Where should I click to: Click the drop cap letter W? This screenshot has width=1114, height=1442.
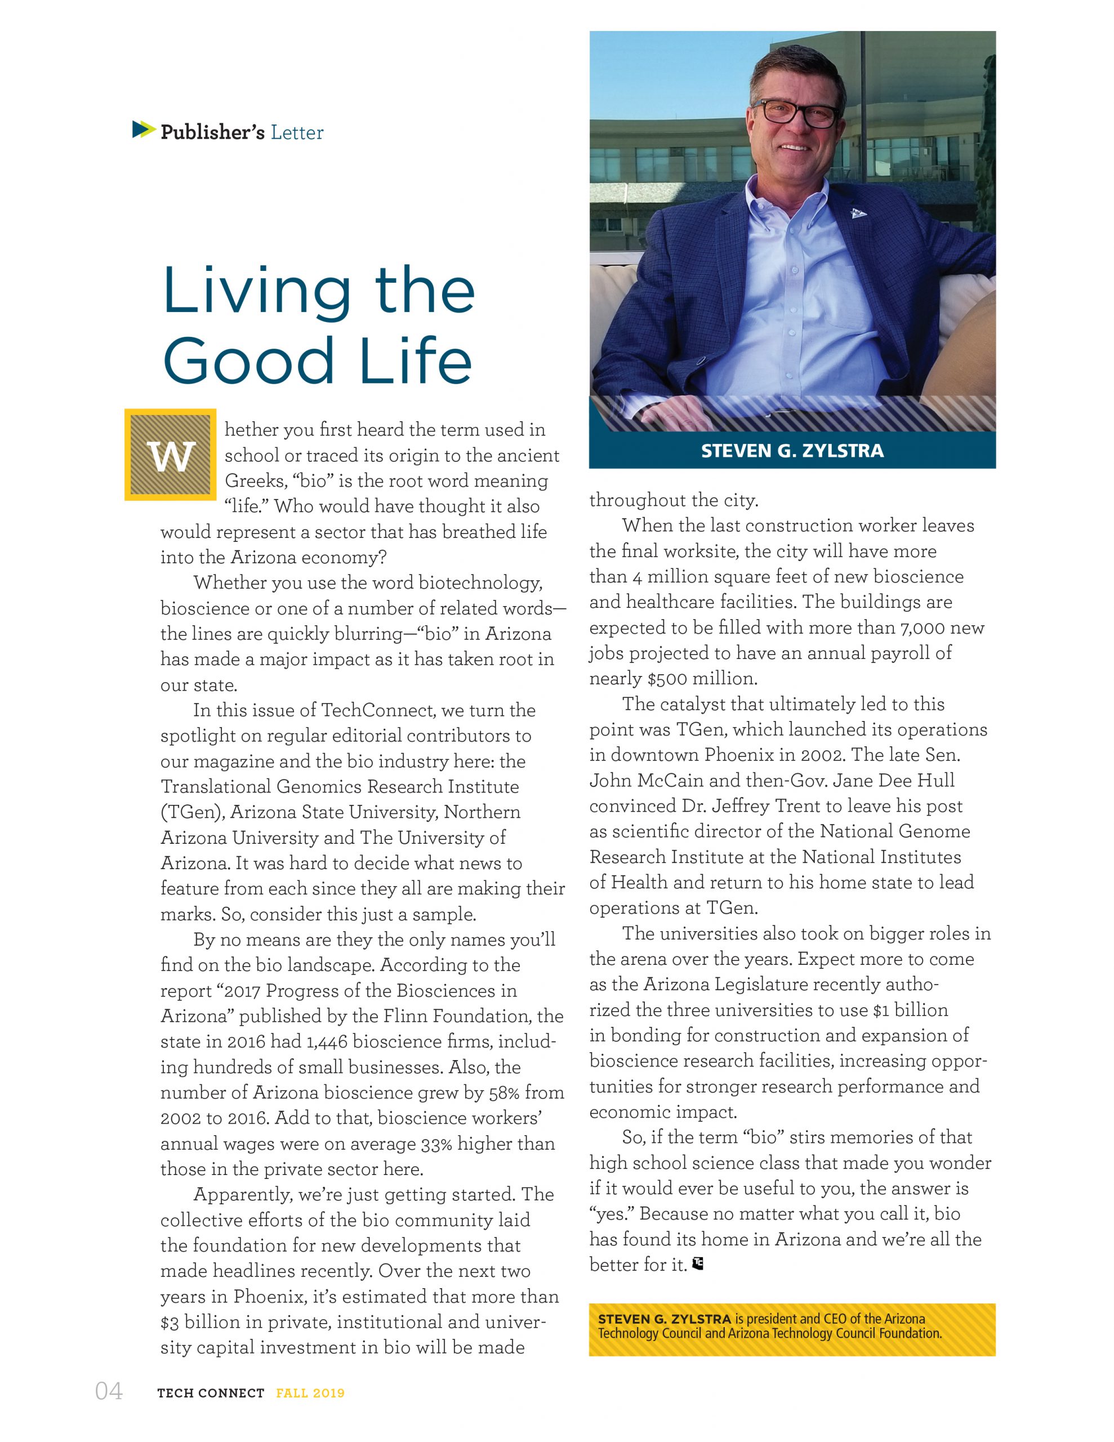pos(171,456)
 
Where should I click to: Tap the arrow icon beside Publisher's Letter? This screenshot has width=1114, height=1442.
pos(143,130)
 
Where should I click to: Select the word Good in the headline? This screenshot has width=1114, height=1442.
pos(248,362)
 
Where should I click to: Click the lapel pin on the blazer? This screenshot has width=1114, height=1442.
pos(857,212)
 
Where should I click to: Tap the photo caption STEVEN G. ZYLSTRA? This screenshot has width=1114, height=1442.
pos(792,451)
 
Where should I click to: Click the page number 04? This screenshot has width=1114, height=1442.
pos(109,1391)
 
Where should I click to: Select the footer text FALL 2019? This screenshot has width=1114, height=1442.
pos(310,1393)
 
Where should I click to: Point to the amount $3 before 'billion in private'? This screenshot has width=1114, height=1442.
pos(170,1322)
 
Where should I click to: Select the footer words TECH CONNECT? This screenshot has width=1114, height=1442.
pos(211,1393)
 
